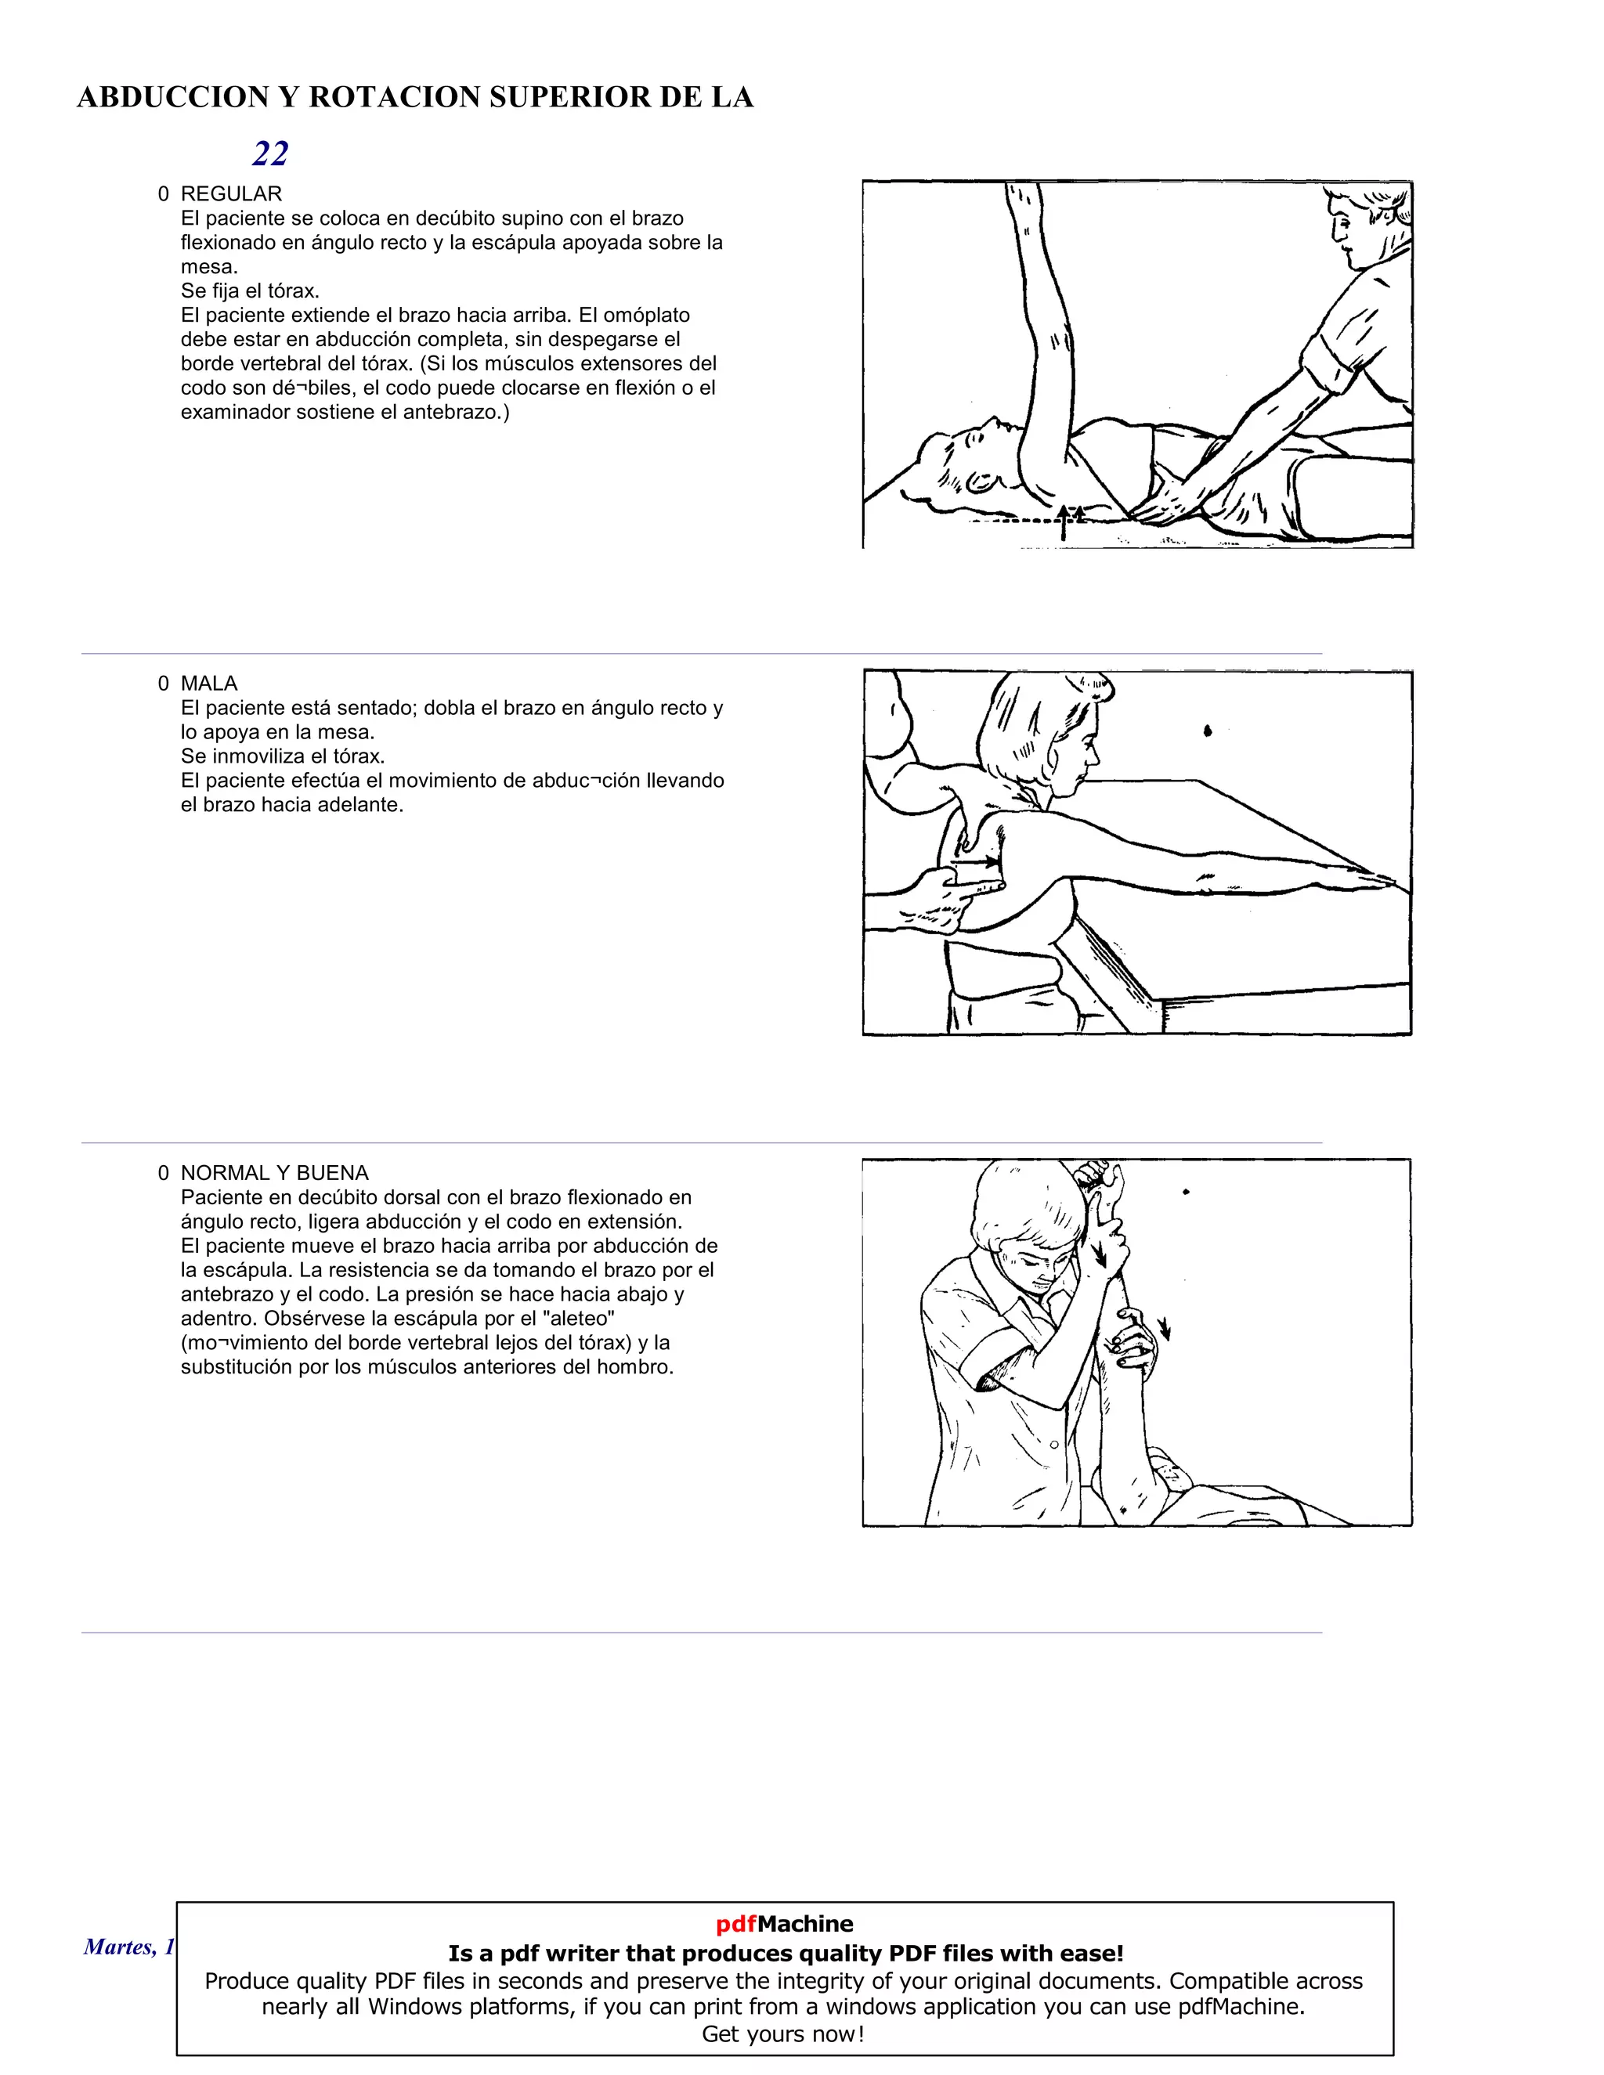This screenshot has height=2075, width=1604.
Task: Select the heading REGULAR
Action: tap(231, 194)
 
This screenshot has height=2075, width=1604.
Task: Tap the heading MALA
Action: tap(209, 683)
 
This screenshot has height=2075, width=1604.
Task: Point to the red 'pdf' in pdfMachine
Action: tap(735, 1924)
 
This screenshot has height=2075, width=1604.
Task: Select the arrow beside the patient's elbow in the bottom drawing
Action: tap(1164, 1330)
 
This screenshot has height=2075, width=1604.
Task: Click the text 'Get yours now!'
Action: tap(783, 2034)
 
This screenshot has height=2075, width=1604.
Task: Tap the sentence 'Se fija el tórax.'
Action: tap(250, 290)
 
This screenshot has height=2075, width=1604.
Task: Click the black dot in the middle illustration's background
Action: tap(1208, 731)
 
